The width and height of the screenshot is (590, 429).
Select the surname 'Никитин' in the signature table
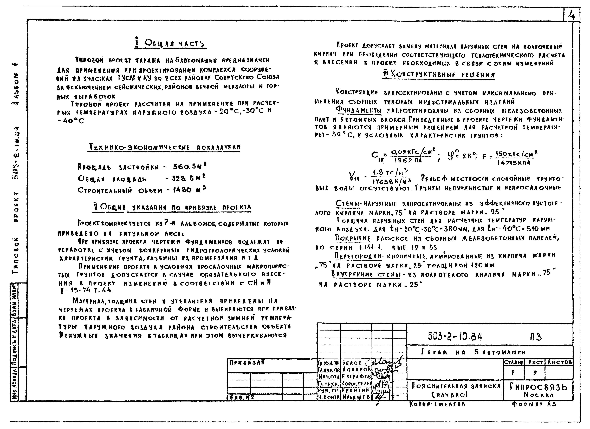click(355, 390)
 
